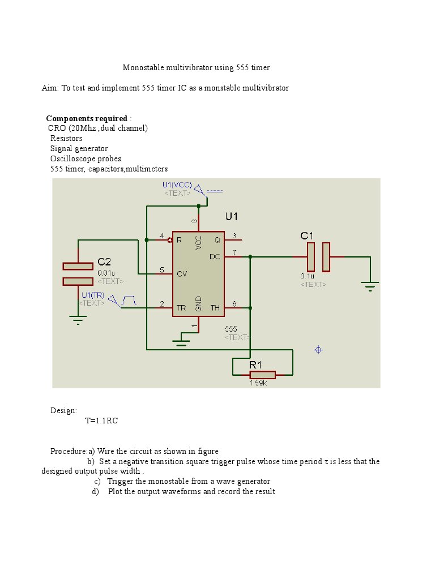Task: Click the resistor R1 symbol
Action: (262, 374)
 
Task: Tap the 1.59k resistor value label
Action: (258, 383)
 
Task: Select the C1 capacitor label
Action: (306, 235)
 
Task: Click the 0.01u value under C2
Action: (106, 272)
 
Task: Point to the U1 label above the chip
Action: (232, 216)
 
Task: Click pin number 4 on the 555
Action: (161, 236)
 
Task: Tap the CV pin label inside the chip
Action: (182, 274)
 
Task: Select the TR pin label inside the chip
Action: (181, 308)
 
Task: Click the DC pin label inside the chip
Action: (215, 256)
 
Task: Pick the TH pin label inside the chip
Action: (215, 308)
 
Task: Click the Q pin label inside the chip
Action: (217, 239)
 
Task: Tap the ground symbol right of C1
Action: (370, 287)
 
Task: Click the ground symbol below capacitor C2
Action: (78, 320)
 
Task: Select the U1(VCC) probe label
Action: (177, 185)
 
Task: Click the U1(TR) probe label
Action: (92, 295)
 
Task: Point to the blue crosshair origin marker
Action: (318, 350)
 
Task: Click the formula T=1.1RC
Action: (101, 421)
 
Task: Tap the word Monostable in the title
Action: (143, 67)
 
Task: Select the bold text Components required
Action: (87, 118)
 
